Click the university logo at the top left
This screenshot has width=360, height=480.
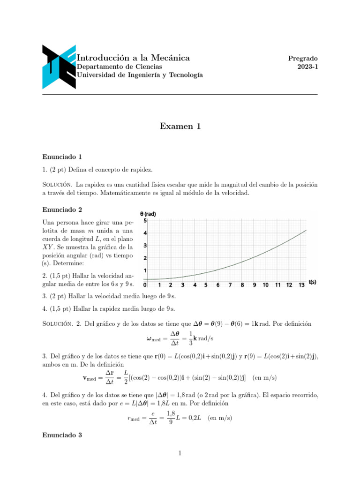tap(59, 67)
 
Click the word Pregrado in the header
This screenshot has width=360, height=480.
tap(303, 59)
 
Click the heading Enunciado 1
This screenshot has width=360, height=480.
tap(62, 157)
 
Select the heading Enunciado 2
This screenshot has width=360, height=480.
tap(62, 210)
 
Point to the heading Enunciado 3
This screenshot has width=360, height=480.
tap(62, 435)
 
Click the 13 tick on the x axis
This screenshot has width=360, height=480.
tap(301, 285)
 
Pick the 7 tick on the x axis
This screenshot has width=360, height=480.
tap(230, 285)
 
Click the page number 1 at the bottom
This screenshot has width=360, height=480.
tap(180, 453)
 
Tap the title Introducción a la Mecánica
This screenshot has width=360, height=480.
tap(133, 58)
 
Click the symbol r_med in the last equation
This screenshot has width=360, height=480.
tap(135, 418)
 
